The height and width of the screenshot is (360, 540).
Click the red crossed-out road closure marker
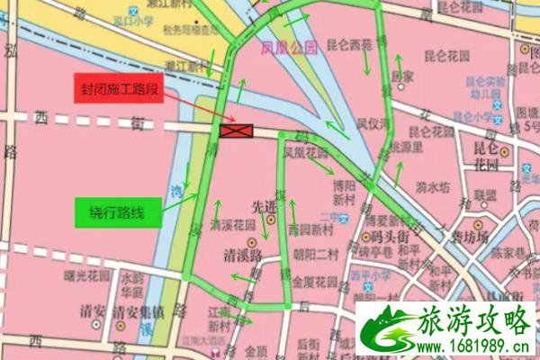pos(236,132)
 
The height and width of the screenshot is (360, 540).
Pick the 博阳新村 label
pos(339,192)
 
